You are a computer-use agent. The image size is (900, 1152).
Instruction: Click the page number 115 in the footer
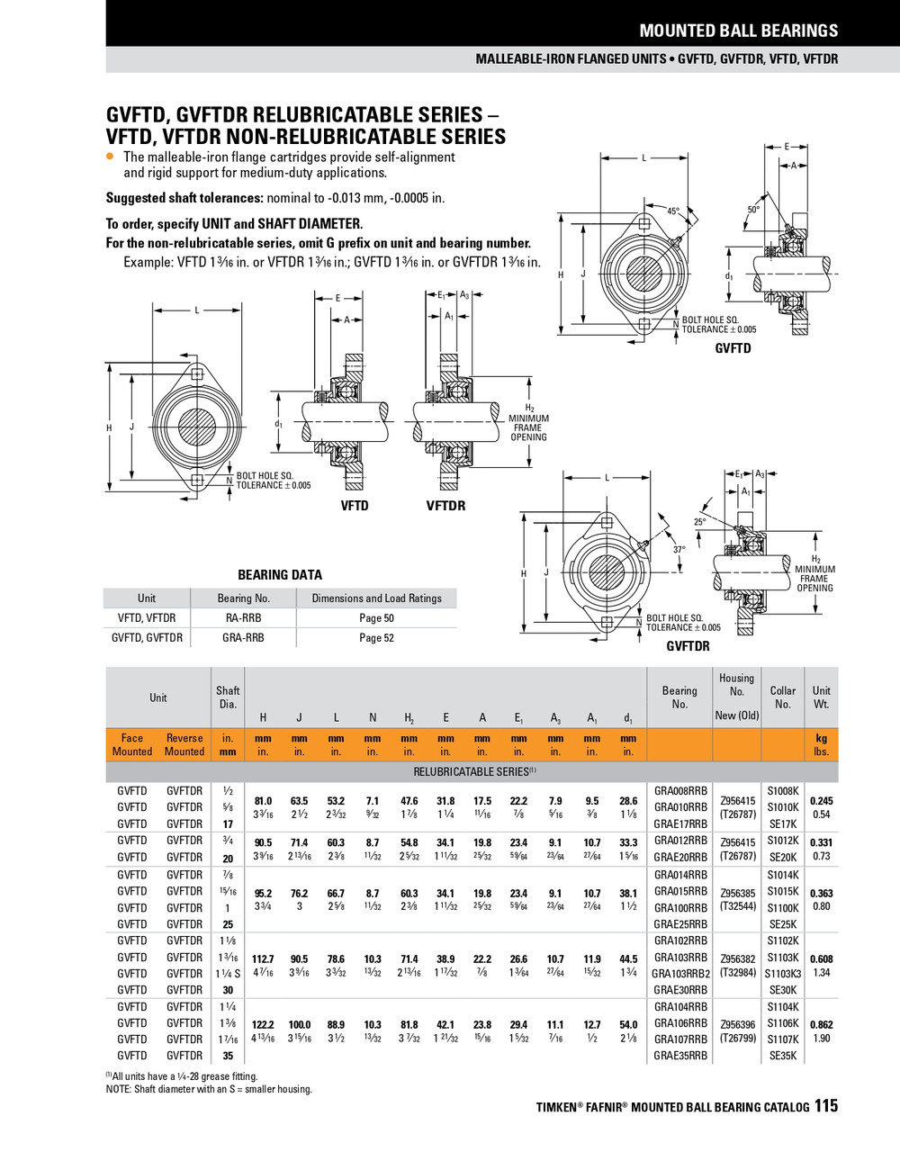[x=826, y=1105]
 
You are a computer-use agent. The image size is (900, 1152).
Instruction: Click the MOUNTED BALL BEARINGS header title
[x=738, y=31]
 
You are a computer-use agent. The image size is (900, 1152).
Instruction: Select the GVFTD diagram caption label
[x=732, y=348]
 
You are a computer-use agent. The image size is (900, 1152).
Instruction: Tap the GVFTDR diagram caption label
[x=688, y=646]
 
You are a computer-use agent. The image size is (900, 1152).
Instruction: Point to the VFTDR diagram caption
[x=445, y=506]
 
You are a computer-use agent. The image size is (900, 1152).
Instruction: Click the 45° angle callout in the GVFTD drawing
[x=673, y=211]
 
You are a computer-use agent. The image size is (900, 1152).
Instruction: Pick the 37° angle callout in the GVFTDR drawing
[x=679, y=549]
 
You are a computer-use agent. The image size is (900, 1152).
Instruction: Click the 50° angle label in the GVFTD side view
[x=753, y=209]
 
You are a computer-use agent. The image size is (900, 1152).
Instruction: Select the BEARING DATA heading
[x=279, y=575]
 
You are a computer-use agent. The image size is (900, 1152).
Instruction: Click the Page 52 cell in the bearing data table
[x=376, y=638]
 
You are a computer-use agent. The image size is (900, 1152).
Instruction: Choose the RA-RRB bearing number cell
[x=243, y=618]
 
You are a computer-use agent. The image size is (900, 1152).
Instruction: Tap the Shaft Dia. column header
[x=228, y=697]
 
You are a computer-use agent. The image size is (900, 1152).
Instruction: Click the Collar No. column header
[x=783, y=697]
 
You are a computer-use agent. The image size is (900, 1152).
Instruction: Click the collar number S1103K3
[x=783, y=974]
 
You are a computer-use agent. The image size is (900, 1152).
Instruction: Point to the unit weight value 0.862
[x=821, y=1024]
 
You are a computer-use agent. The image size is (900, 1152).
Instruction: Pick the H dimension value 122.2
[x=263, y=1024]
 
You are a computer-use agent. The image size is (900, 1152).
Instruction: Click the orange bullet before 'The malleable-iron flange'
[x=111, y=157]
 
